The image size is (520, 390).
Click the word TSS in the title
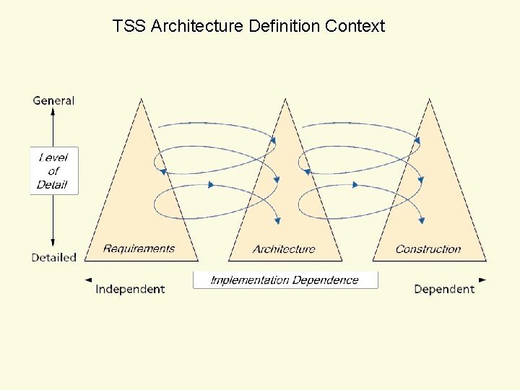[129, 27]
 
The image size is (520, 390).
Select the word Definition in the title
[284, 27]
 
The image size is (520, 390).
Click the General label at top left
[53, 100]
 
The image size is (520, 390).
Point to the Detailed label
[54, 257]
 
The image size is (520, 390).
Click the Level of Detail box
[53, 170]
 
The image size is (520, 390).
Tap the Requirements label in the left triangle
[139, 248]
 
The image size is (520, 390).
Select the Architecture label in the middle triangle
[284, 249]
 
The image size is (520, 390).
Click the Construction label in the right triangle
[428, 249]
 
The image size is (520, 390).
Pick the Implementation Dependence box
[285, 280]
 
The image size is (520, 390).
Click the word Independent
[130, 289]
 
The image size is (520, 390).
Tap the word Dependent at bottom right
[444, 289]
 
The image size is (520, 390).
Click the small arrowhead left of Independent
[88, 279]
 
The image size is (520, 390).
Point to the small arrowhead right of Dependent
[482, 279]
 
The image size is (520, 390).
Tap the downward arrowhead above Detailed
[53, 245]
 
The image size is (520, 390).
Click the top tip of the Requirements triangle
[141, 100]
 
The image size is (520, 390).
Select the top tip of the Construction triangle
[430, 100]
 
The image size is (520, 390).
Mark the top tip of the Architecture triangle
[285, 100]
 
